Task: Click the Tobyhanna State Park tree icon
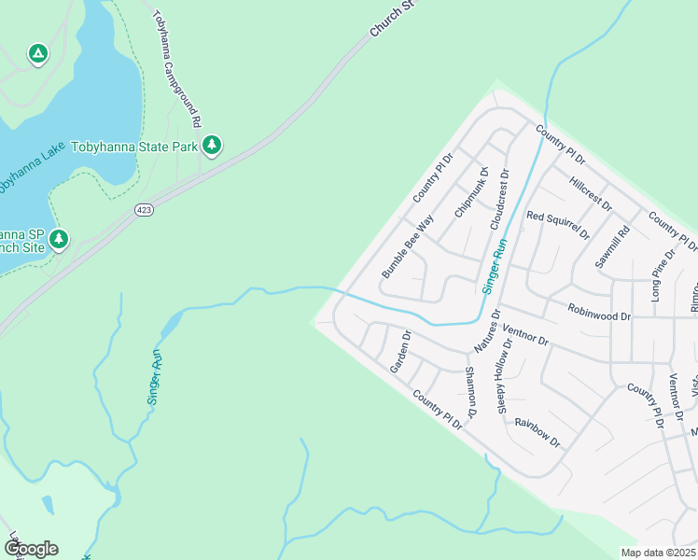pyautogui.click(x=213, y=145)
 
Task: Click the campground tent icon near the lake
pyautogui.click(x=37, y=54)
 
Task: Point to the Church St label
pyautogui.click(x=392, y=19)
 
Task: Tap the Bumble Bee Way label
pyautogui.click(x=408, y=247)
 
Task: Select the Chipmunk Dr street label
pyautogui.click(x=471, y=192)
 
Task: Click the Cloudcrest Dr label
pyautogui.click(x=497, y=200)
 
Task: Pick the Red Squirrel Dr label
pyautogui.click(x=558, y=225)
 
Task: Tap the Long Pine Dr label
pyautogui.click(x=663, y=275)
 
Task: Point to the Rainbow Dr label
pyautogui.click(x=537, y=431)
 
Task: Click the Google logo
pyautogui.click(x=31, y=548)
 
